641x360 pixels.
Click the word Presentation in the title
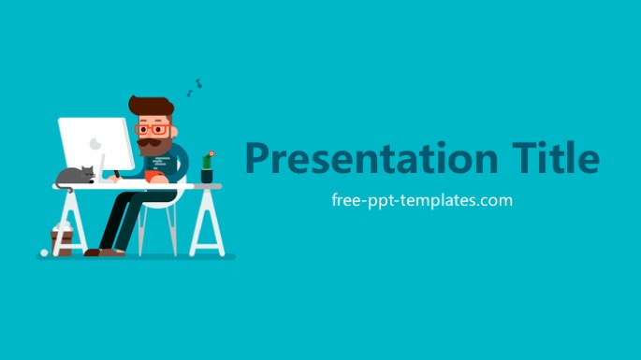(x=371, y=159)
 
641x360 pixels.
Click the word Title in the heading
(x=556, y=157)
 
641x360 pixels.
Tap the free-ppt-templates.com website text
(x=422, y=201)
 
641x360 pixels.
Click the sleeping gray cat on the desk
(x=75, y=176)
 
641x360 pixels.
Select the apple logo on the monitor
(x=95, y=143)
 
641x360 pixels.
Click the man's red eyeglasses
(x=153, y=130)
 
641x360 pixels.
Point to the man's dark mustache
(x=149, y=143)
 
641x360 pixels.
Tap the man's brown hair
(x=152, y=106)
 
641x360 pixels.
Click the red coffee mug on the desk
(x=153, y=176)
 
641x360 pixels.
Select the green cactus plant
(x=207, y=162)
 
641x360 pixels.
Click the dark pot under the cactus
(x=207, y=177)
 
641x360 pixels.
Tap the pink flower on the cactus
(x=211, y=154)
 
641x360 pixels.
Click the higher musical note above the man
(x=198, y=83)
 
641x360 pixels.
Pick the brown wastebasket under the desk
(x=62, y=243)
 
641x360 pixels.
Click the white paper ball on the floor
(x=44, y=252)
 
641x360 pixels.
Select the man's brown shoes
(x=105, y=252)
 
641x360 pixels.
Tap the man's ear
(x=174, y=132)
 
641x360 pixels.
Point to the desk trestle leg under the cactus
(x=207, y=223)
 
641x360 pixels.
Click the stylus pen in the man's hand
(x=117, y=174)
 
